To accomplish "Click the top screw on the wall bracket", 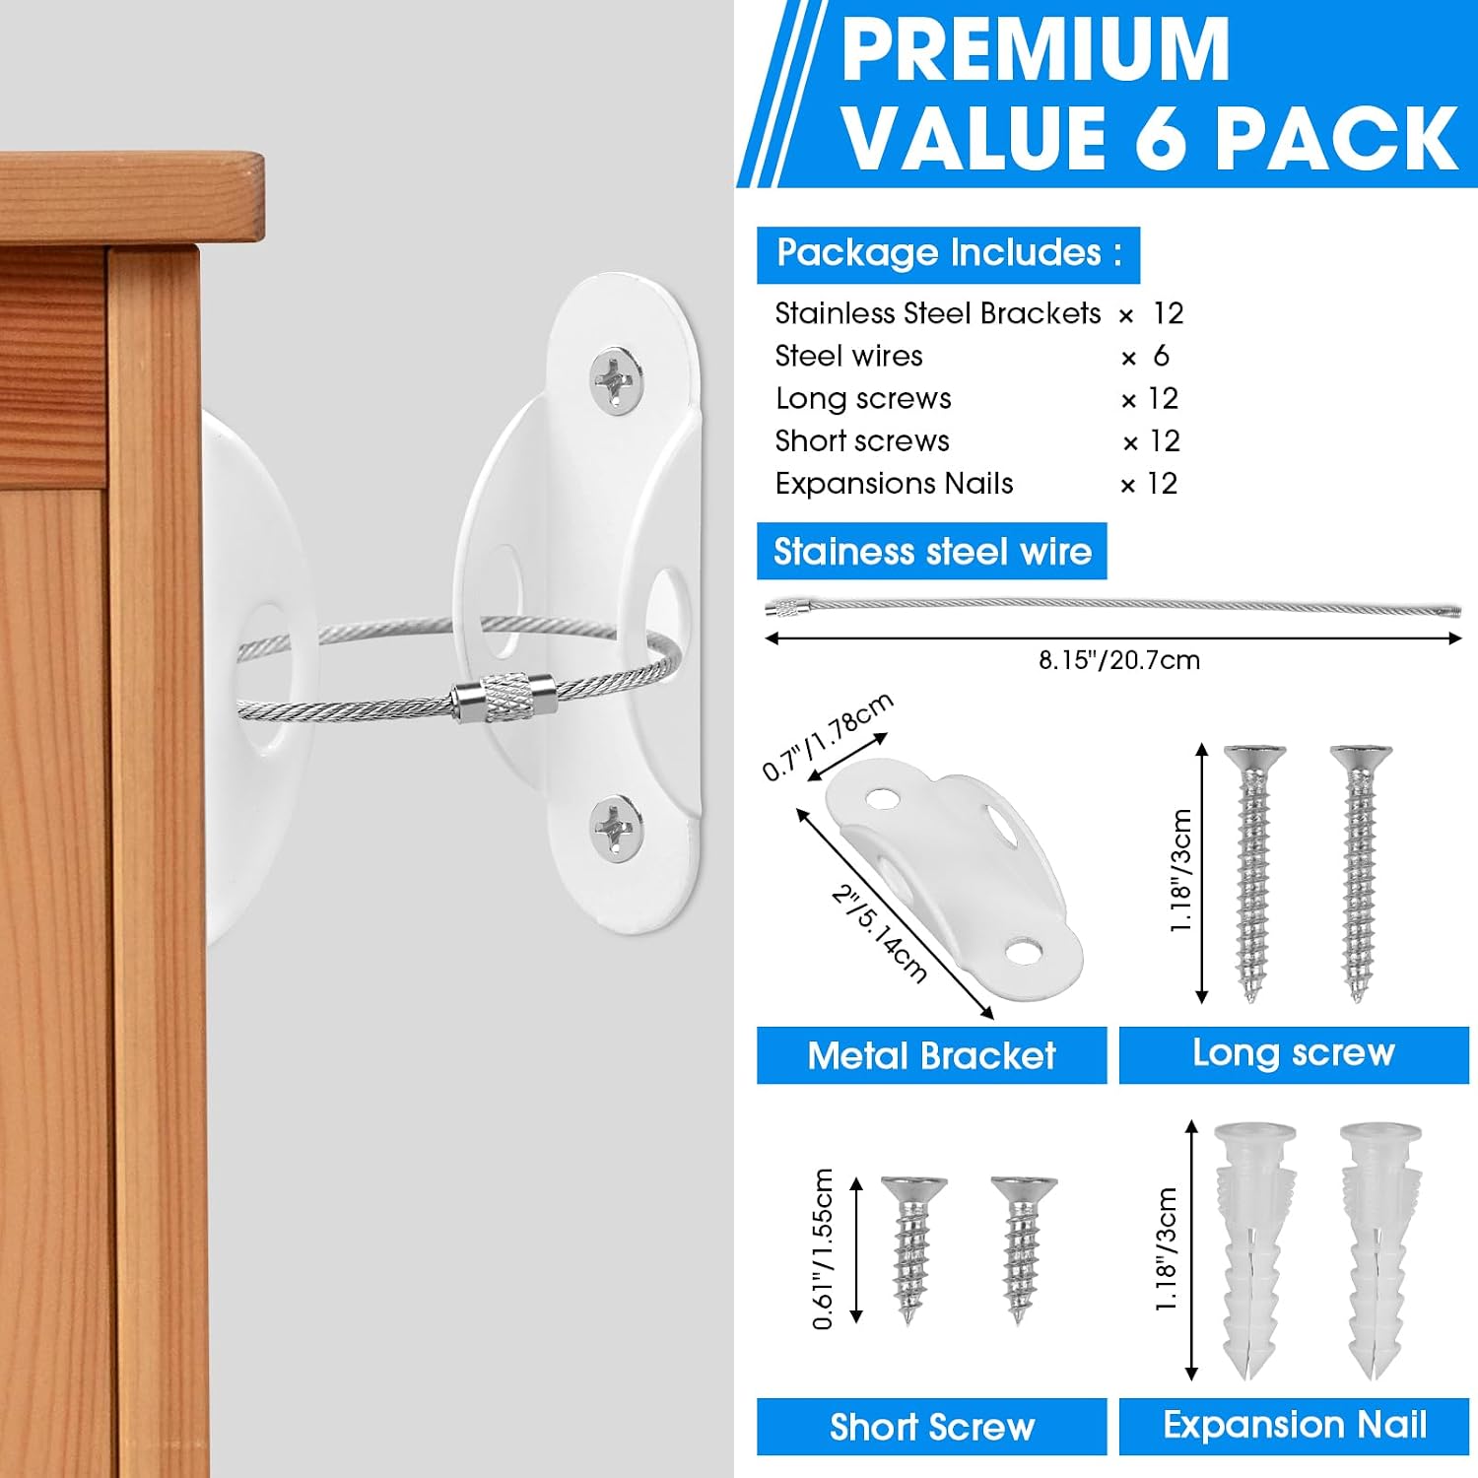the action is click(x=617, y=380).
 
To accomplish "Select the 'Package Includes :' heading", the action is click(x=949, y=253).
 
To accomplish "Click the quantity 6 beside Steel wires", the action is click(x=1161, y=355).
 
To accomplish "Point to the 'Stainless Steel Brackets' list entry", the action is click(x=937, y=313).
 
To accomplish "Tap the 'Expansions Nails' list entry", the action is click(x=894, y=484).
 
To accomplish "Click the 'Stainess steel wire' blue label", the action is click(x=932, y=551).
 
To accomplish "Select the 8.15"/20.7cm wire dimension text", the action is click(x=1119, y=660).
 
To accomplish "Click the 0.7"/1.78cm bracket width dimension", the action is click(x=828, y=736).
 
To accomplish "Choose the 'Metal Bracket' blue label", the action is click(x=931, y=1055).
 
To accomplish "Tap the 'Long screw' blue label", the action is click(x=1294, y=1053).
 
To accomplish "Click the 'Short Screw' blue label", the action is click(x=931, y=1427).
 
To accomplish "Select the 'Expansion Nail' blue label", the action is click(x=1294, y=1425).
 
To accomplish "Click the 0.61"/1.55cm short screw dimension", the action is click(x=823, y=1248).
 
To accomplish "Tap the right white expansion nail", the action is click(x=1380, y=1249).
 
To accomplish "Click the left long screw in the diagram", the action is click(x=1253, y=873).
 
